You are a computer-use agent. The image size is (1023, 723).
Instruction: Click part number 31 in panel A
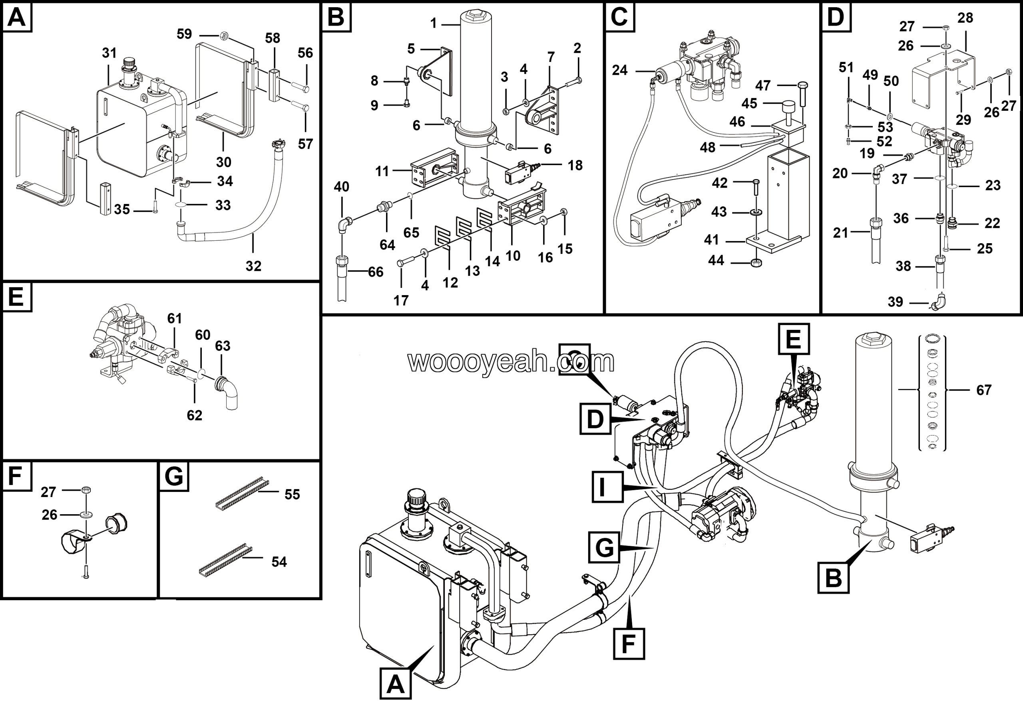tap(109, 53)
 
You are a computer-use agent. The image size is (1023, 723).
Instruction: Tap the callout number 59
tap(184, 34)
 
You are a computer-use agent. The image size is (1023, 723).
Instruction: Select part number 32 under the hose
tap(253, 266)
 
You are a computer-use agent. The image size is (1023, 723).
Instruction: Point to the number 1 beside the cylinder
tap(434, 23)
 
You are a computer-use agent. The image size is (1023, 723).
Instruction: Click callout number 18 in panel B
tap(575, 166)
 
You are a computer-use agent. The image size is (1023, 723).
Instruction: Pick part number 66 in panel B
tap(376, 272)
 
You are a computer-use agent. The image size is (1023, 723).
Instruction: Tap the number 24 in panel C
tap(619, 70)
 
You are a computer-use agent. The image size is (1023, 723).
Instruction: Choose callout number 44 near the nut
tap(716, 260)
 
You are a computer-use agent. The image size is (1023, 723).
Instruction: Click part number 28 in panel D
tap(965, 18)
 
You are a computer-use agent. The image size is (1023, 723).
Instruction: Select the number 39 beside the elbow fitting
tap(895, 302)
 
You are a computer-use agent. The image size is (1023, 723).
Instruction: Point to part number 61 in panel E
tap(175, 318)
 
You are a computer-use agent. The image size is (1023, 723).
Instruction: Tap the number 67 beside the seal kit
tap(984, 390)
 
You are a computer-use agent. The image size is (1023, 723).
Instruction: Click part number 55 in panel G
tap(292, 494)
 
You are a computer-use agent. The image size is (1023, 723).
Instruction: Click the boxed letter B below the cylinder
tap(833, 578)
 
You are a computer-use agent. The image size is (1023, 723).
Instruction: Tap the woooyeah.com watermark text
tap(511, 361)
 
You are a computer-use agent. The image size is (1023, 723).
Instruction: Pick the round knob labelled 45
tap(789, 108)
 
